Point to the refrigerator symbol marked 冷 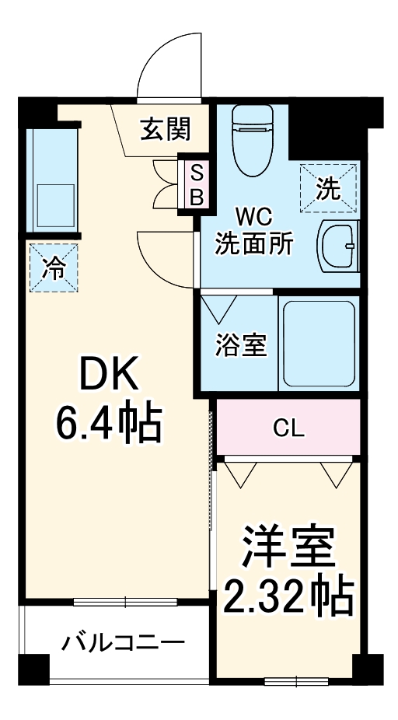(x=54, y=268)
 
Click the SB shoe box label (x=197, y=183)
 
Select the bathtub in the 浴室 (x=319, y=341)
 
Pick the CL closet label (x=288, y=428)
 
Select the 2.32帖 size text (x=288, y=597)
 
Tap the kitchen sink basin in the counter (x=52, y=204)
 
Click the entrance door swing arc (x=167, y=66)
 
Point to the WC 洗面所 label (x=254, y=230)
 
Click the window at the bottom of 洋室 (x=298, y=682)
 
